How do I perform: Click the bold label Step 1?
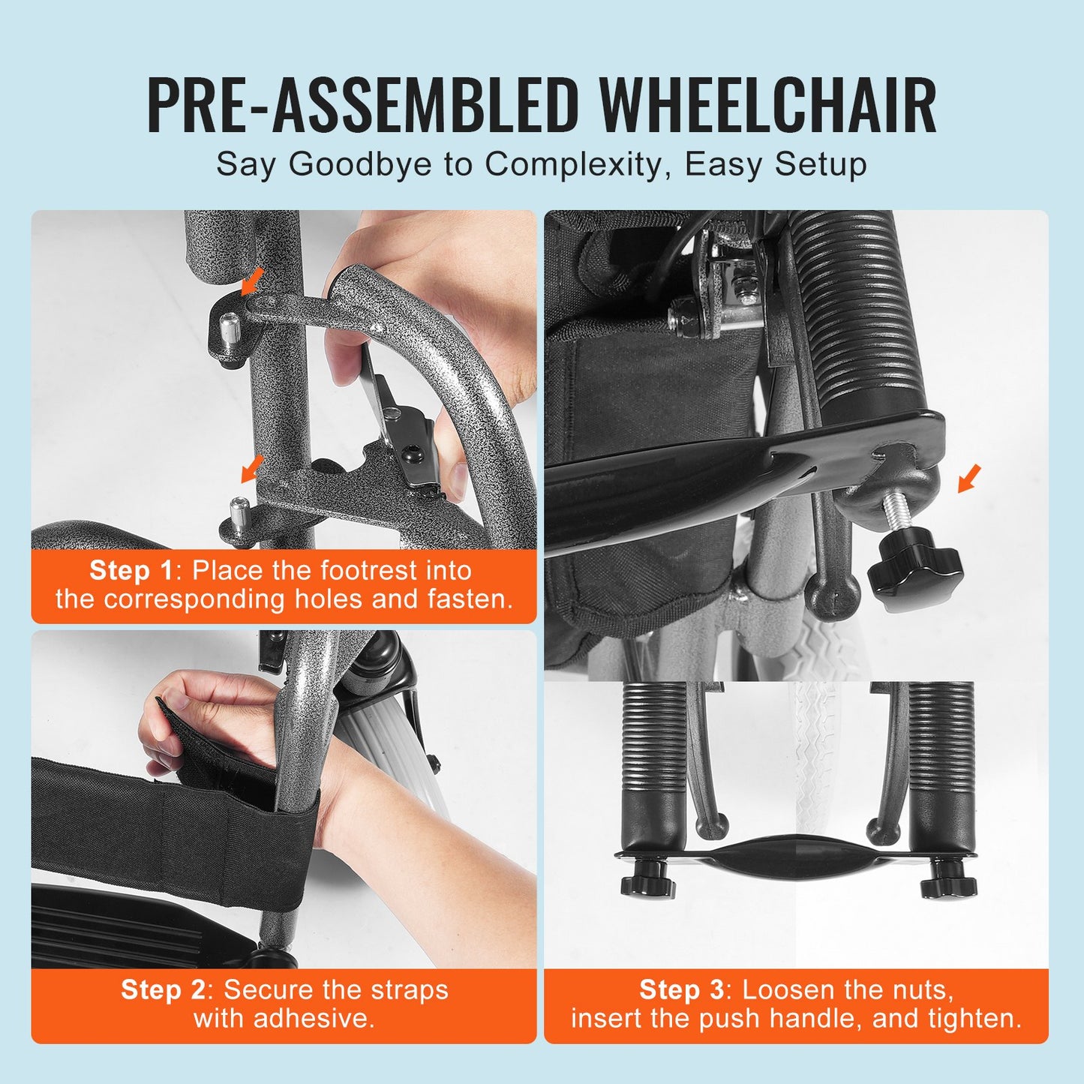[131, 571]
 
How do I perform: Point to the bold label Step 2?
[163, 990]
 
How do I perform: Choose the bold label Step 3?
[681, 990]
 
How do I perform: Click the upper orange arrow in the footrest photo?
[253, 281]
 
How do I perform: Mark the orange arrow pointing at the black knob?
[970, 479]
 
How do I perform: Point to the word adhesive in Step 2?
[313, 1019]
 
